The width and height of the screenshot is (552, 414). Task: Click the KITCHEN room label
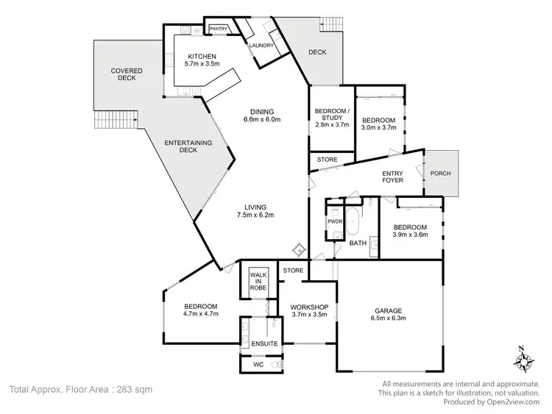point(201,57)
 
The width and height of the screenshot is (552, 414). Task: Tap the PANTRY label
point(219,29)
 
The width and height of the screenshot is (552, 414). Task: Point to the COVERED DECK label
point(127,74)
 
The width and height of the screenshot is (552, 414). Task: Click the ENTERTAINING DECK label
point(188,146)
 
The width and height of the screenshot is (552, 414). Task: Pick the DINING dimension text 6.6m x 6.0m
point(263,119)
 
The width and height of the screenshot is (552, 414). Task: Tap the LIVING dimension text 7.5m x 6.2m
point(255,215)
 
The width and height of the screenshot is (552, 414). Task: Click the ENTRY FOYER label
point(392,178)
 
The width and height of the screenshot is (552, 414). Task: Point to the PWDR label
point(332,221)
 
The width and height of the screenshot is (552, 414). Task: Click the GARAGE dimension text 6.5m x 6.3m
point(389,318)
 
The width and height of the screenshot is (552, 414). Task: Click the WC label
point(258,363)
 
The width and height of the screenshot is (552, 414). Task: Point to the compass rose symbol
point(524,360)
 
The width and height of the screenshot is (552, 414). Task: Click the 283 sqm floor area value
point(132,389)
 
